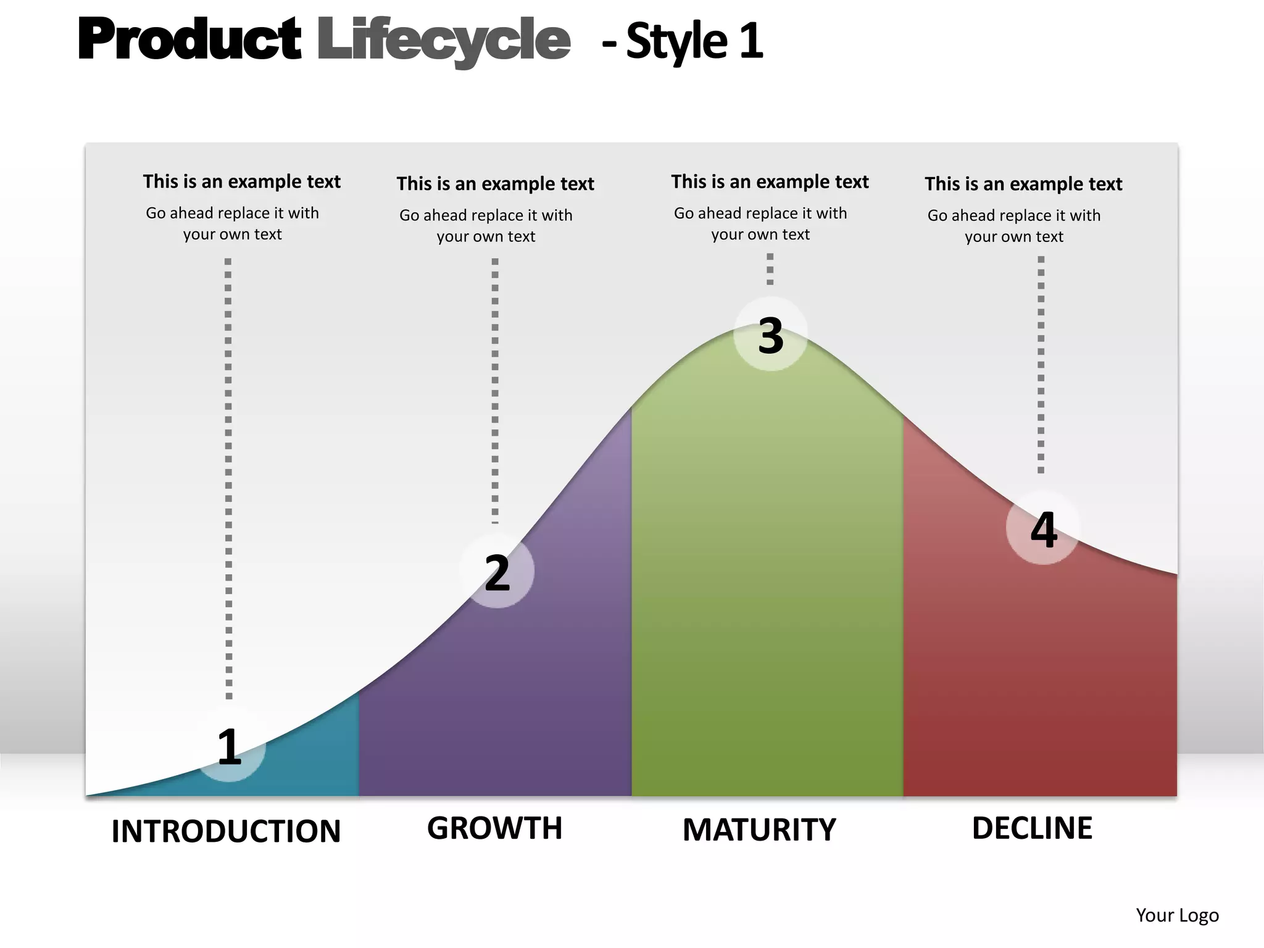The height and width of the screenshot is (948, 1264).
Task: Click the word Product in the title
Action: click(x=189, y=39)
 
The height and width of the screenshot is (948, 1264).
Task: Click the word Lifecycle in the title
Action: click(x=443, y=39)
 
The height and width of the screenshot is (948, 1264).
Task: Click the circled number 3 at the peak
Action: click(x=771, y=335)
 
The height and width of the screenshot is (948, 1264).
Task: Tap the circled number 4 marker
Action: click(x=1043, y=528)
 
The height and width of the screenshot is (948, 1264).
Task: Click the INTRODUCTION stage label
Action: click(x=226, y=831)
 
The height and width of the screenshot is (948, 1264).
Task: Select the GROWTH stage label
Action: click(x=494, y=828)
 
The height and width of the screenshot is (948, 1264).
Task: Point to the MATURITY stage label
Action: click(x=759, y=829)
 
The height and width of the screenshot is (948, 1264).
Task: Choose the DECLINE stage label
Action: click(x=1032, y=828)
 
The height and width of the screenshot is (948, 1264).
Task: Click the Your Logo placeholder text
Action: click(x=1177, y=915)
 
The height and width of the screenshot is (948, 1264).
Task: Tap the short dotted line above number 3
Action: click(x=770, y=269)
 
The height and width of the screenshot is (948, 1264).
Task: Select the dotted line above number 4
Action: click(x=1041, y=364)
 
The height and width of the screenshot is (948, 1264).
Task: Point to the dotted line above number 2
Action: click(x=495, y=389)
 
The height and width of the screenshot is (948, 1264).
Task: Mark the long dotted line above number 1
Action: click(x=228, y=478)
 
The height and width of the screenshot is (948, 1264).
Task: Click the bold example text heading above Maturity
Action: click(x=770, y=181)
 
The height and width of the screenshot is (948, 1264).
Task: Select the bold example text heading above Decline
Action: click(x=1023, y=184)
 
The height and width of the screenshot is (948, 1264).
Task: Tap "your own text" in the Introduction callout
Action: click(x=232, y=235)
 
